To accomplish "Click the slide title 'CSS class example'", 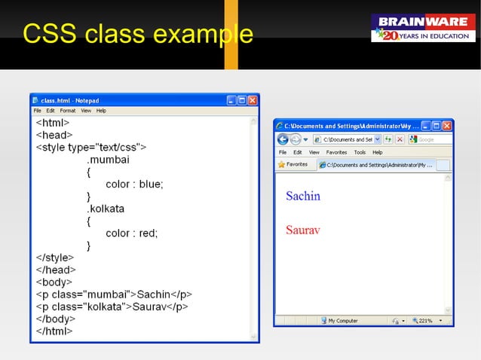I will tap(137, 34).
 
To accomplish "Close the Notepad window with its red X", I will tap(253, 100).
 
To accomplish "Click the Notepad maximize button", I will tap(242, 100).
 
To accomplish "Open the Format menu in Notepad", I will tap(68, 111).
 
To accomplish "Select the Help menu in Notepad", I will tap(101, 111).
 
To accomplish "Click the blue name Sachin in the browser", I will tap(303, 196).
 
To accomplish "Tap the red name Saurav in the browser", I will tap(303, 229).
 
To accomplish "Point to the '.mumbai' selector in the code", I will tap(108, 160).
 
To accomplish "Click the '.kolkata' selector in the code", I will tap(106, 209).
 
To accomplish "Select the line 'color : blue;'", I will tap(134, 184).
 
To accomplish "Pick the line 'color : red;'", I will tap(132, 233).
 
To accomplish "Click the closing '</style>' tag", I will tap(55, 258).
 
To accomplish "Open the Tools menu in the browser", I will tap(360, 152).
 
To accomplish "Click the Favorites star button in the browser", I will tap(293, 164).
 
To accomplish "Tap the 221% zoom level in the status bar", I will tap(424, 321).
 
